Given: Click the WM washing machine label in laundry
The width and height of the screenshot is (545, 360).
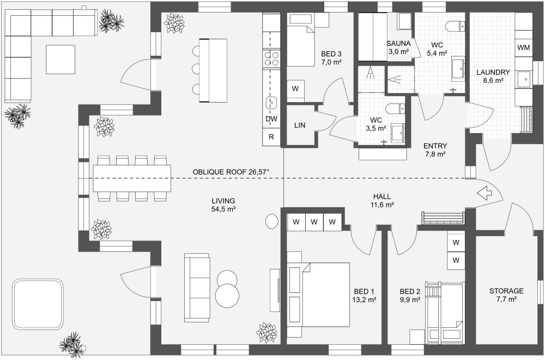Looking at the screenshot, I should [x=524, y=48].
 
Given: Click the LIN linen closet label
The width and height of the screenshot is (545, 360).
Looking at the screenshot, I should [x=300, y=125].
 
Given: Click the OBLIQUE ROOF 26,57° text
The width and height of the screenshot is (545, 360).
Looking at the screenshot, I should [x=231, y=172].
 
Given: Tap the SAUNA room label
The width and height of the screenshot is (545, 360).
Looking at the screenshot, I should [x=399, y=44].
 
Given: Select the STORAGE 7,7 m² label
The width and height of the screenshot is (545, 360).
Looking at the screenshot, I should [x=506, y=295].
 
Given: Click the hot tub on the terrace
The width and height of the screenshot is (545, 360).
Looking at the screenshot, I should [x=38, y=304].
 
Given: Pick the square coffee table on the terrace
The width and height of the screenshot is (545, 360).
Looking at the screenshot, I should [x=60, y=59].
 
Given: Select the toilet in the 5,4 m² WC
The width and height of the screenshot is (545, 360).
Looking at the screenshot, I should [x=455, y=26].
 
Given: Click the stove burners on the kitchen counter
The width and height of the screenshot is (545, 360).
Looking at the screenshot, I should [x=271, y=58].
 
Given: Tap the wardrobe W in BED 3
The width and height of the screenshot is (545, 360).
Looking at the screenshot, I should [x=295, y=88].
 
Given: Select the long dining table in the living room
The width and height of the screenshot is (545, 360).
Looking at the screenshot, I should [x=132, y=178].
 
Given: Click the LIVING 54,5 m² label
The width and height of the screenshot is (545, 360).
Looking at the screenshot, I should [x=223, y=205].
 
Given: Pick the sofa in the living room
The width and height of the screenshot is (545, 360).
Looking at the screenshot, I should [x=197, y=287].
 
